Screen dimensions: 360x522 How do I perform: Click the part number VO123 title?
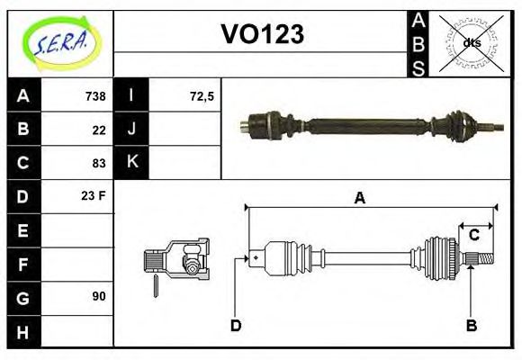[262, 34]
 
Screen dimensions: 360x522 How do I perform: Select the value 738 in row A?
[94, 96]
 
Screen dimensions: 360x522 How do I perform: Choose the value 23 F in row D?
[94, 195]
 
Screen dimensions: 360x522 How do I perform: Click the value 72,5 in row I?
[202, 96]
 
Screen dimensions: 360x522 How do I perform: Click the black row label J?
[132, 130]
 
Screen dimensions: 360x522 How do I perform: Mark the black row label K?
[132, 163]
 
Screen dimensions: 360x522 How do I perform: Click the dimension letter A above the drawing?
[359, 199]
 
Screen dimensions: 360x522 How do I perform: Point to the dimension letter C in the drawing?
[473, 236]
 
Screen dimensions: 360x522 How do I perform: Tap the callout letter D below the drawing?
[236, 325]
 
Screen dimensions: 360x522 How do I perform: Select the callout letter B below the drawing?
[471, 325]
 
